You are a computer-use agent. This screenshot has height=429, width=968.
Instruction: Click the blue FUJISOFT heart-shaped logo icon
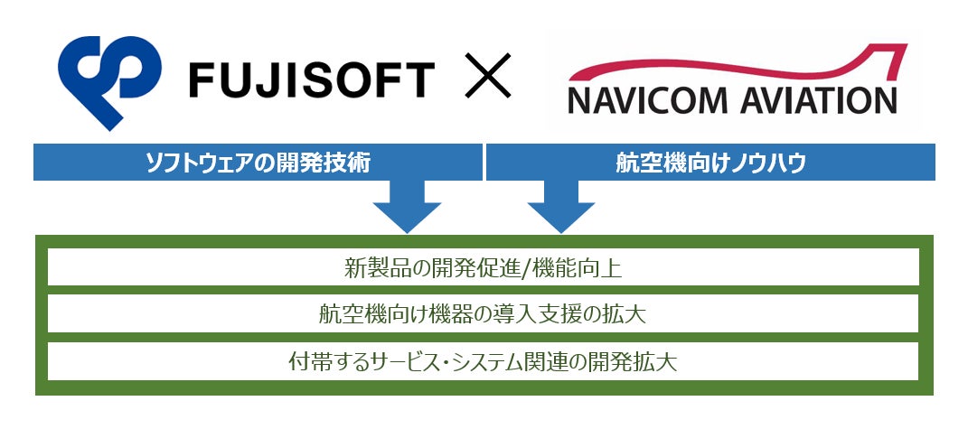[106, 79]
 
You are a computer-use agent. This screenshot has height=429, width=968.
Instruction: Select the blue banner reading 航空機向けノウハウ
[710, 163]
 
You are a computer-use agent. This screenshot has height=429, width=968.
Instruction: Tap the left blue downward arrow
[407, 208]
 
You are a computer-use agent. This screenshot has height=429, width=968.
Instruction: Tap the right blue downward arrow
[561, 208]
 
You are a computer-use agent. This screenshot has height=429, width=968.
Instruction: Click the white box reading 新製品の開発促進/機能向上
[483, 268]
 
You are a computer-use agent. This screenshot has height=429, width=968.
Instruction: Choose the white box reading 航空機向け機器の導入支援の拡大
[483, 314]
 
